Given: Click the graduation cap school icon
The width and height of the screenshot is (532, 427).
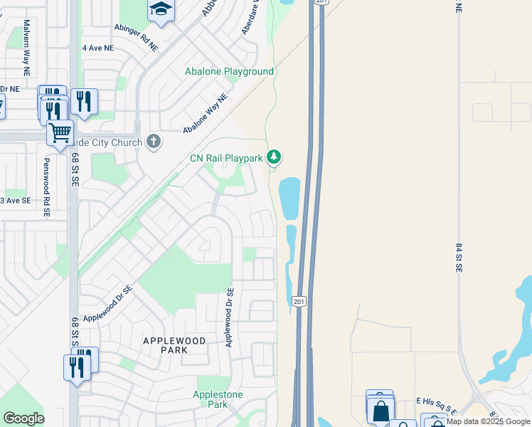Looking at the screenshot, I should tap(161, 10).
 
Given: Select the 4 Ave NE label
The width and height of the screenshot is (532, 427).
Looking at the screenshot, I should tap(98, 48).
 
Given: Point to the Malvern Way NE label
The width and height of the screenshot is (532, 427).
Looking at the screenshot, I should tap(26, 47).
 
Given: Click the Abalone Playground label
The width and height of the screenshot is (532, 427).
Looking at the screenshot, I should tap(229, 72).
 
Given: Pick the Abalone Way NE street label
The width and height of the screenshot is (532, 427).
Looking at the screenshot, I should tap(205, 114).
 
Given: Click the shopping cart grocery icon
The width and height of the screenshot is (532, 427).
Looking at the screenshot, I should tap(60, 132).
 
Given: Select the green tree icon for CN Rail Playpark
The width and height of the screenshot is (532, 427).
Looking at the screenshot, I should tap(274, 157).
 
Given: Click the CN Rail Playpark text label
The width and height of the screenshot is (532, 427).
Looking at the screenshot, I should tap(225, 158).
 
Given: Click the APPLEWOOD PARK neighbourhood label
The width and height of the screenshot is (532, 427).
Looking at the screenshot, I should tap(175, 345).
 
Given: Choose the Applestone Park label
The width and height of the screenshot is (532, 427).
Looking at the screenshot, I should tap(218, 399).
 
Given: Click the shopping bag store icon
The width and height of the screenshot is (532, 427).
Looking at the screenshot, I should tap(381, 411).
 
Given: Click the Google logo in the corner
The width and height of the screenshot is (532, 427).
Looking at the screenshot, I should tap(23, 418).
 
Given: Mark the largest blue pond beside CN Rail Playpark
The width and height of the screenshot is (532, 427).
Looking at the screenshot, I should tap(289, 199).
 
